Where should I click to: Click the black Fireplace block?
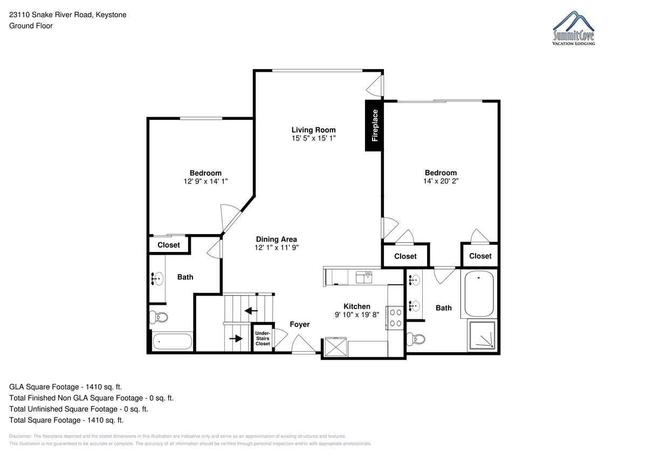click(x=374, y=125)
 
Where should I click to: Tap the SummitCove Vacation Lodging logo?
click(x=574, y=28)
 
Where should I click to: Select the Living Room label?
click(x=313, y=130)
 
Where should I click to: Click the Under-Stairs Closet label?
click(x=263, y=338)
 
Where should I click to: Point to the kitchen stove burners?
click(x=395, y=318)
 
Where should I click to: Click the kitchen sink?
click(x=363, y=277)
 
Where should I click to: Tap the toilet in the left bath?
click(x=159, y=317)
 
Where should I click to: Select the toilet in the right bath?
click(x=416, y=339)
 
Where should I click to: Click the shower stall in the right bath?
click(x=482, y=335)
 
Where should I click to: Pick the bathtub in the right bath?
click(x=479, y=294)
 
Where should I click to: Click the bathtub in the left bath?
click(x=172, y=341)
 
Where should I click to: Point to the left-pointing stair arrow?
click(x=251, y=311)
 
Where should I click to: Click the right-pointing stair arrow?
click(x=236, y=338)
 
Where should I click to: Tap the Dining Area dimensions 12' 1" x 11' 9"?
click(x=277, y=248)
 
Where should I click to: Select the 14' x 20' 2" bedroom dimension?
click(x=441, y=181)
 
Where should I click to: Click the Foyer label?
click(x=300, y=325)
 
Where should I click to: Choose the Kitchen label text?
click(x=357, y=306)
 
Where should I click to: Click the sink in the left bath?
click(x=157, y=279)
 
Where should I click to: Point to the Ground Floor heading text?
click(x=31, y=26)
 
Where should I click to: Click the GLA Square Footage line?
click(x=66, y=387)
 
